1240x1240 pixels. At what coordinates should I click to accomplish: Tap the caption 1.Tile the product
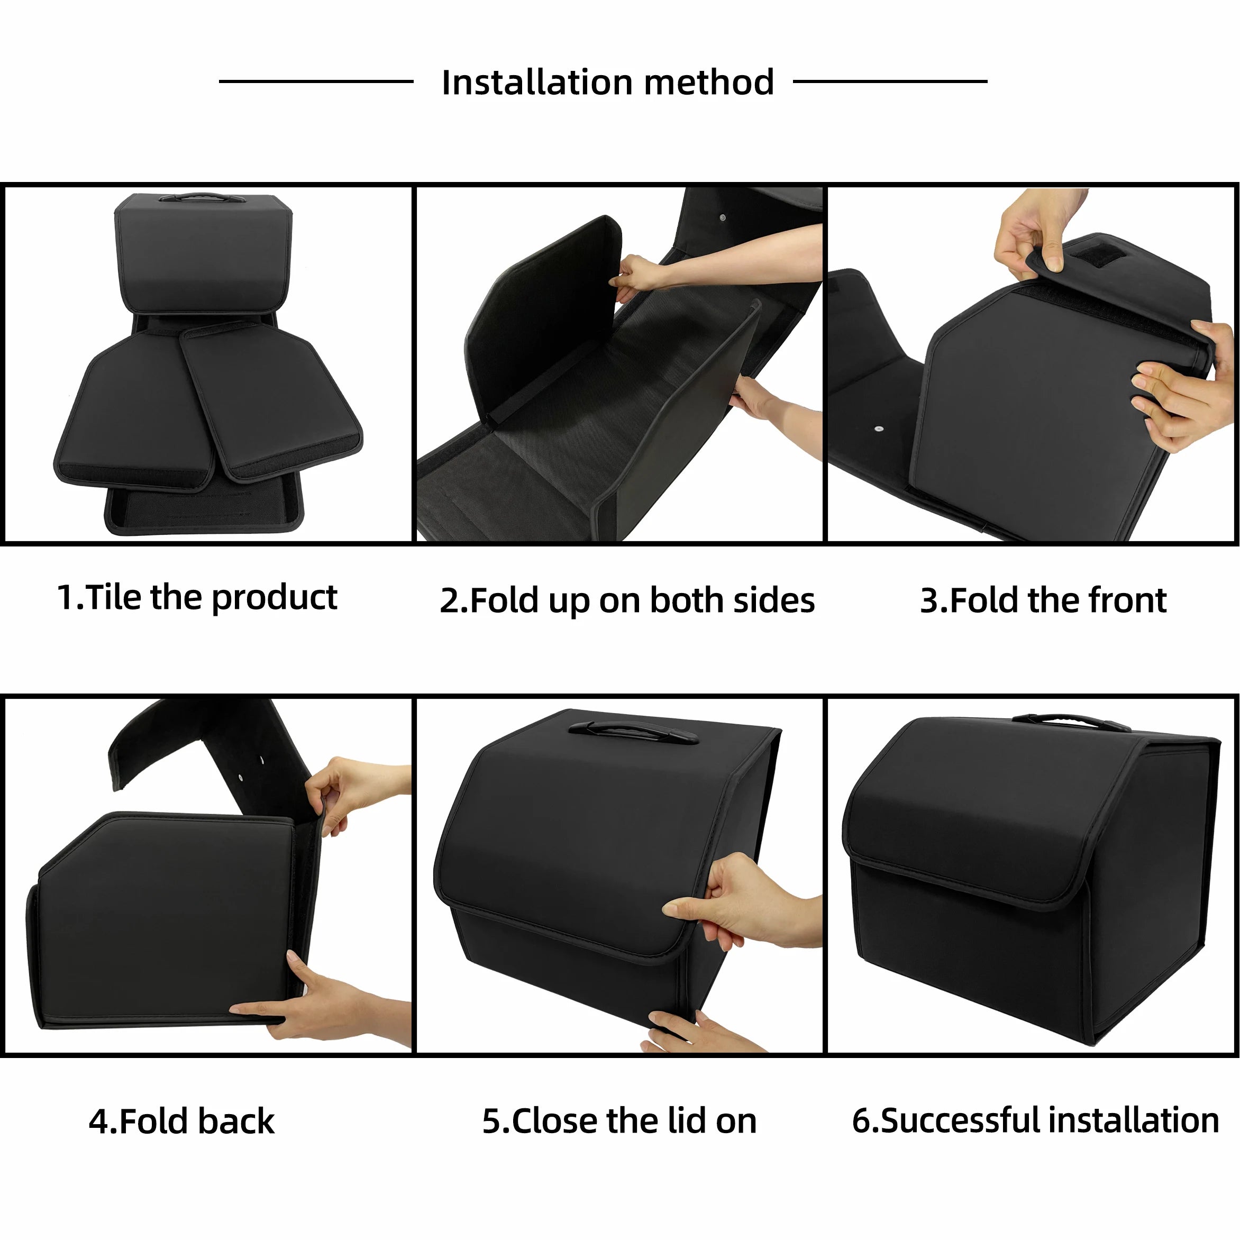point(197,598)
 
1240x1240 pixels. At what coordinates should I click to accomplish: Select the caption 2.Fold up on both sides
point(627,601)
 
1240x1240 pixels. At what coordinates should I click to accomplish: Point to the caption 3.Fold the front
point(1043,601)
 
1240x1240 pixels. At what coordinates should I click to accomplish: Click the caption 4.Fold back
point(181,1122)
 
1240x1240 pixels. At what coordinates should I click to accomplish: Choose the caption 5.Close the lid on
point(619,1122)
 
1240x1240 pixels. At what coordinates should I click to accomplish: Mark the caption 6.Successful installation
point(1035,1120)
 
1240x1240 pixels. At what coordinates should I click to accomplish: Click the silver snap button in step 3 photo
point(878,427)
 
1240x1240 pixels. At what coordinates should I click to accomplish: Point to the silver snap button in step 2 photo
point(723,218)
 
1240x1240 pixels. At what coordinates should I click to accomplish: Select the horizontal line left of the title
point(316,81)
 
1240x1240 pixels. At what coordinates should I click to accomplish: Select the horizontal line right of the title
point(890,81)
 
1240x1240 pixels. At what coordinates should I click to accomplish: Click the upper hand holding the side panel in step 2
point(635,274)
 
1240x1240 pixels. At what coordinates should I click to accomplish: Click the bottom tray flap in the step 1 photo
point(203,510)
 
